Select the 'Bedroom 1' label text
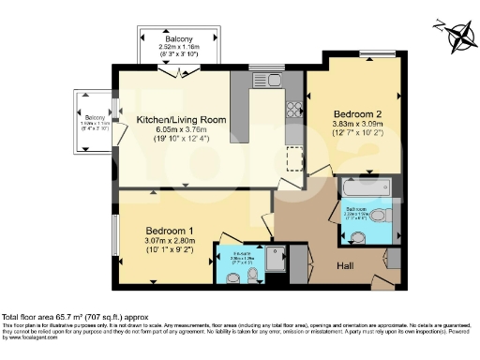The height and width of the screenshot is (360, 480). [170, 231]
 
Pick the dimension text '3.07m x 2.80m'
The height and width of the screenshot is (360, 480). [170, 242]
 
